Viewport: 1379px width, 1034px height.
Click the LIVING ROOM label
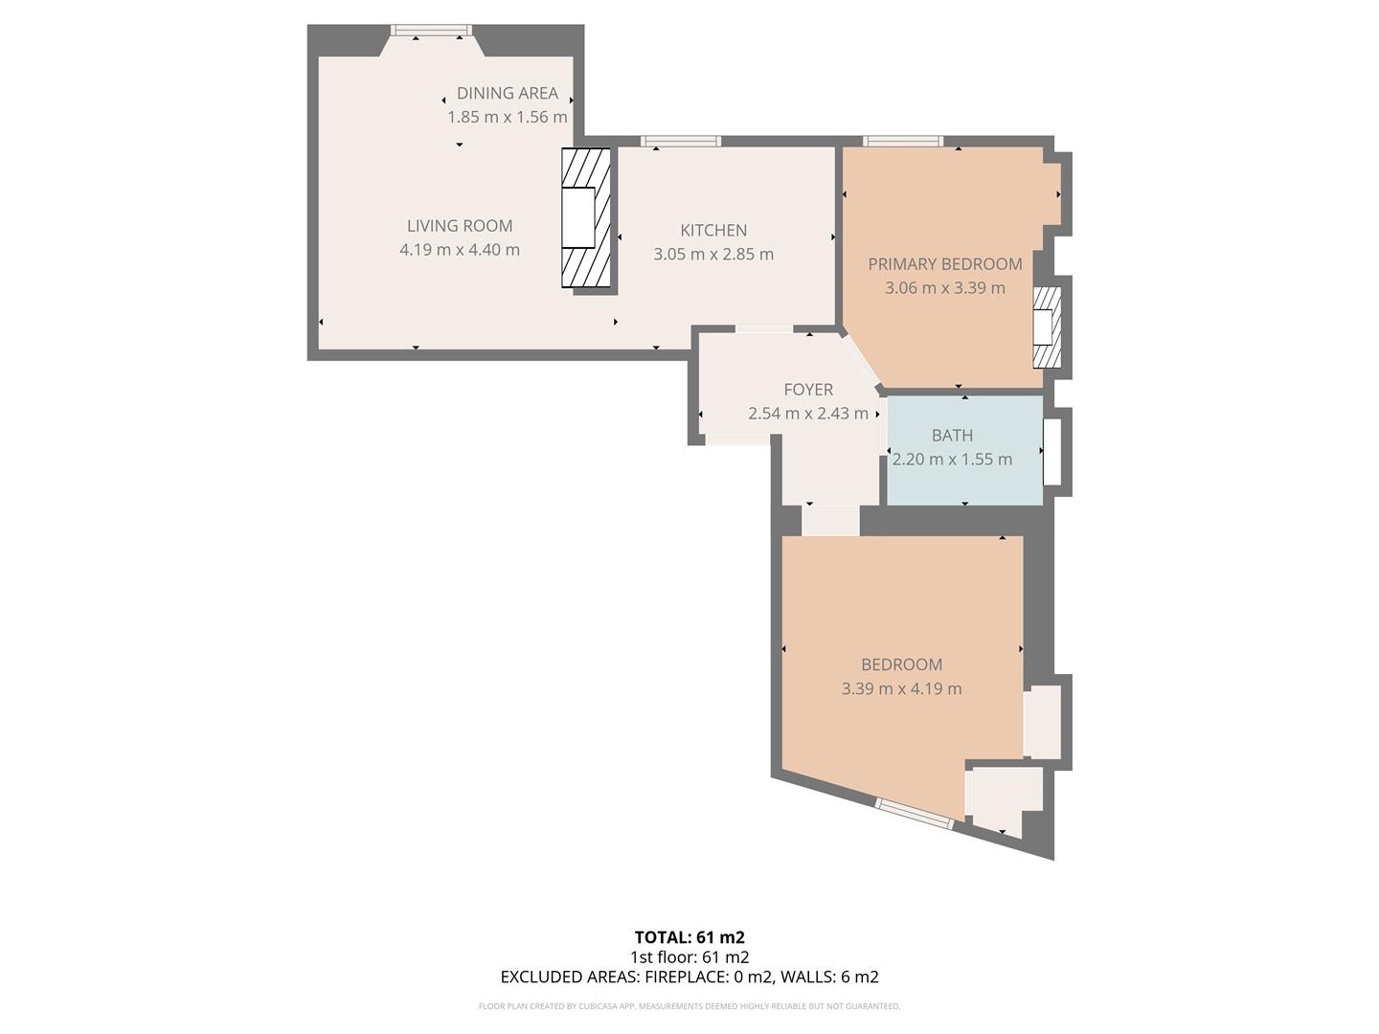click(460, 226)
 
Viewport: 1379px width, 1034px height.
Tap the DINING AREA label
click(507, 93)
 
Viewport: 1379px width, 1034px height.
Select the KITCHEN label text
click(713, 230)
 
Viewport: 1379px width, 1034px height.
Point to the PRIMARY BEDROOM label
click(944, 264)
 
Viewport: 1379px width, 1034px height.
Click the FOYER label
click(808, 390)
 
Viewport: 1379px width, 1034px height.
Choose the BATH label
click(952, 436)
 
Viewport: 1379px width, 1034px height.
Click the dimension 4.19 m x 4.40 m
click(460, 250)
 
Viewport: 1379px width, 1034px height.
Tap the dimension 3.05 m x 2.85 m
click(713, 255)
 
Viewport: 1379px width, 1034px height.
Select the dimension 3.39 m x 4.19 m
click(901, 688)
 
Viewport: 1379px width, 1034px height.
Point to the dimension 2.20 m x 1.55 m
click(952, 460)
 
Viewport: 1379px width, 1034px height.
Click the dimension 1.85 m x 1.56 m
click(507, 117)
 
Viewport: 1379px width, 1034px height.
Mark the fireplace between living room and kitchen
click(585, 218)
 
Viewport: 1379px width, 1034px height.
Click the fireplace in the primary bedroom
click(1046, 327)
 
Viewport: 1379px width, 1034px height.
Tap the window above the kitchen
click(681, 142)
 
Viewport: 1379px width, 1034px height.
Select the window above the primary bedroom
click(902, 142)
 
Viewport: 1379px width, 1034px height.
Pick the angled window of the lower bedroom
click(915, 814)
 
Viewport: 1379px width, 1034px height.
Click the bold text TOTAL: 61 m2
click(689, 937)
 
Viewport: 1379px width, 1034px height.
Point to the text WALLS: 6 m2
click(829, 977)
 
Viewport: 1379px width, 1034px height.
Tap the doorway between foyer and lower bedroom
click(830, 521)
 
